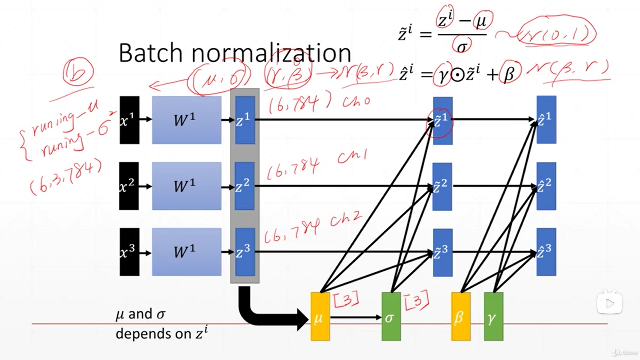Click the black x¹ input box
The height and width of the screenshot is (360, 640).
point(129,120)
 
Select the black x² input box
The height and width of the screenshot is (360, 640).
point(129,186)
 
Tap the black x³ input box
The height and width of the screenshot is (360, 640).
point(129,252)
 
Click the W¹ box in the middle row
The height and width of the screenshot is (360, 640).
point(187,186)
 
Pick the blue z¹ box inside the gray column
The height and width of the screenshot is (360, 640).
point(245,120)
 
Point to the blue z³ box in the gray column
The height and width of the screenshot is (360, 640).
point(245,252)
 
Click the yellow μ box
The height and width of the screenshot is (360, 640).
point(320,317)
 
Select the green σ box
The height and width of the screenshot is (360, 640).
point(391,317)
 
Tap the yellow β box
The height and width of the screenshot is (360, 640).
point(461,317)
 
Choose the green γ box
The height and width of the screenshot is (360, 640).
point(493,317)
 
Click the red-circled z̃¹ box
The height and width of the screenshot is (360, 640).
point(442,121)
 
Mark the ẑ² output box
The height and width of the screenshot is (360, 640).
point(546,186)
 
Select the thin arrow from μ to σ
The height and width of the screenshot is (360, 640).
point(355,317)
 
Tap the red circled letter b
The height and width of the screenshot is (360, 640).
point(78,71)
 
